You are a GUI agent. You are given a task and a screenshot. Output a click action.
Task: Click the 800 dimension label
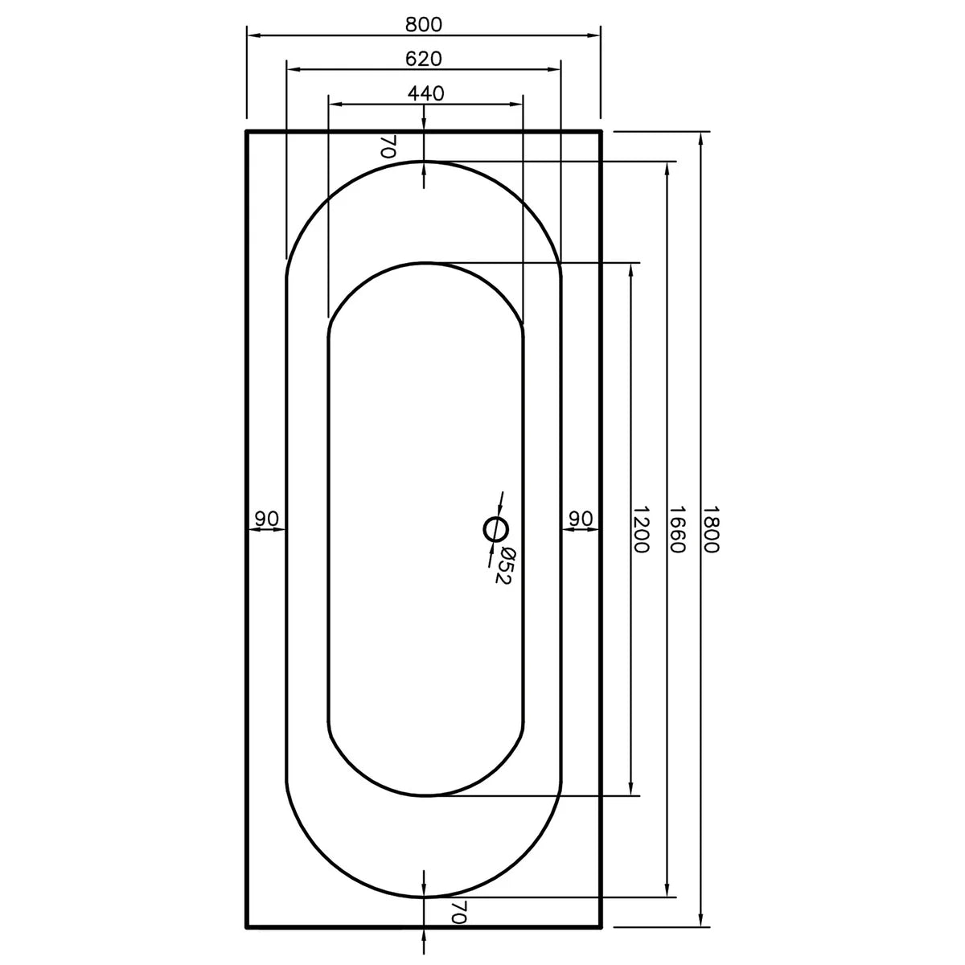[x=424, y=24]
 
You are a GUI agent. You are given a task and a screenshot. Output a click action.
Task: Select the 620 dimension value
[x=424, y=59]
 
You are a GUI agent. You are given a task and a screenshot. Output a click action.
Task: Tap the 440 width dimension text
[x=425, y=93]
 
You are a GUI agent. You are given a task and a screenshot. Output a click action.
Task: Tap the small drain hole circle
[x=495, y=530]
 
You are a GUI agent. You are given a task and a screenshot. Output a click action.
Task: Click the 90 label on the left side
[x=266, y=519]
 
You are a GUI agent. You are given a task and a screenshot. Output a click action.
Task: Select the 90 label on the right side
[x=581, y=519]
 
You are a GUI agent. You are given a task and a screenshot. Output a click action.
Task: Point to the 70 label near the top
[x=388, y=146]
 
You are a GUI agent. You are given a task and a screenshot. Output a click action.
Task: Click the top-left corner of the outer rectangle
[x=246, y=130]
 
